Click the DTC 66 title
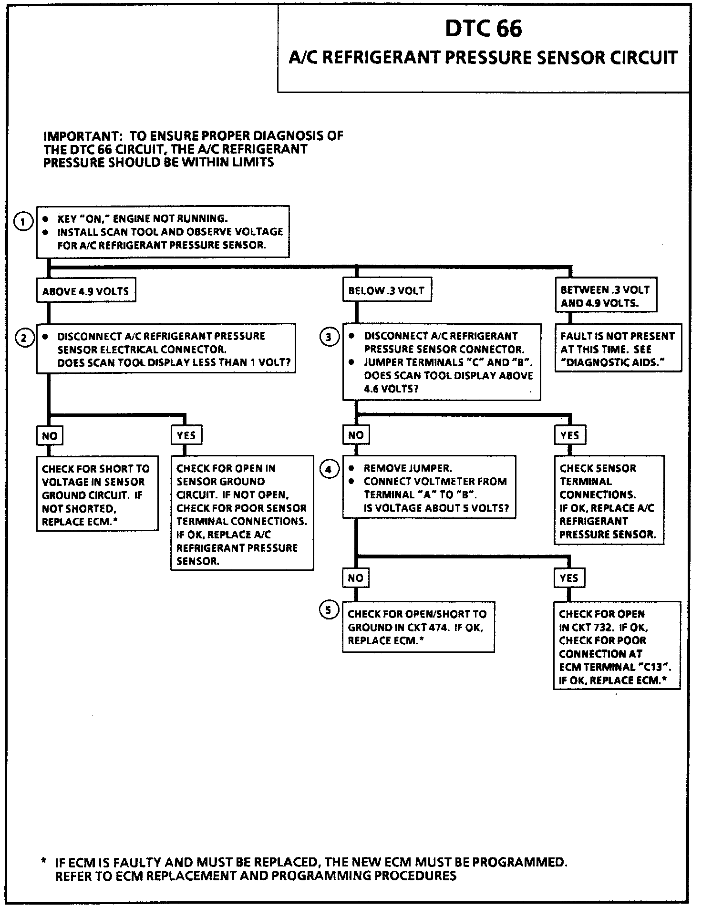coord(483,29)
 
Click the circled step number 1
coord(23,222)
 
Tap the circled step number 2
coord(23,338)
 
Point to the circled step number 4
coord(328,469)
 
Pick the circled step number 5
coord(328,610)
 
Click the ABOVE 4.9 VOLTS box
coord(86,291)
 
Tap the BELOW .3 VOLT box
coord(387,290)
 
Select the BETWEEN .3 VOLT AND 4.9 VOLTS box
coord(605,296)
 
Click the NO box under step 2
coord(49,435)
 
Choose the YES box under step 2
coord(186,435)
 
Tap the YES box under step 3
coord(569,435)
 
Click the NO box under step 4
coord(355,578)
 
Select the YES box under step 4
coord(568,578)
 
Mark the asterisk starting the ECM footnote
coord(44,862)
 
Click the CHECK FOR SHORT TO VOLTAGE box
coord(97,495)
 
